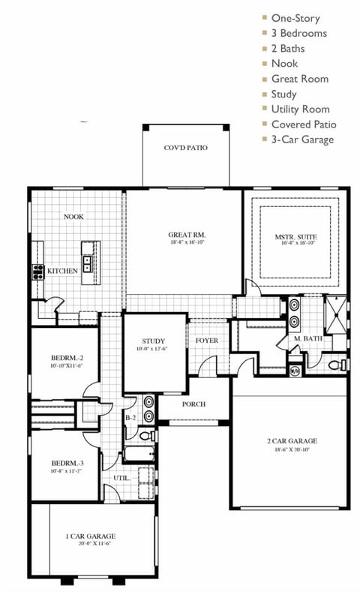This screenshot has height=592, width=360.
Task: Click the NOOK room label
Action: click(73, 217)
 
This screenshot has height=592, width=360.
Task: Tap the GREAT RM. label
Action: click(184, 235)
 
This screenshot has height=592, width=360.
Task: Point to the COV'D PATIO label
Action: click(185, 148)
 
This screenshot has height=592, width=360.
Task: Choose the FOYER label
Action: click(207, 341)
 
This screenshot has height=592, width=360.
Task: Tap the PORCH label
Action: click(193, 404)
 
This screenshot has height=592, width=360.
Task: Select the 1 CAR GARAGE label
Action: click(91, 536)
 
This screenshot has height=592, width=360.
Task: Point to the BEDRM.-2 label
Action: click(66, 358)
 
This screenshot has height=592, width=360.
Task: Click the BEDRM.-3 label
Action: click(66, 463)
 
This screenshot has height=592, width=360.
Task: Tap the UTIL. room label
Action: click(121, 477)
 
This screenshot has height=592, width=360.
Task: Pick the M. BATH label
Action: click(307, 339)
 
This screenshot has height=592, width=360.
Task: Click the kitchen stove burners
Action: click(37, 270)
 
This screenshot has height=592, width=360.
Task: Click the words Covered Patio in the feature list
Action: click(303, 124)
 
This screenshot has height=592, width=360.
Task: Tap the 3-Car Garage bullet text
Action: click(302, 139)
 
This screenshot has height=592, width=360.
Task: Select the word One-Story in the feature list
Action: click(295, 18)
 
